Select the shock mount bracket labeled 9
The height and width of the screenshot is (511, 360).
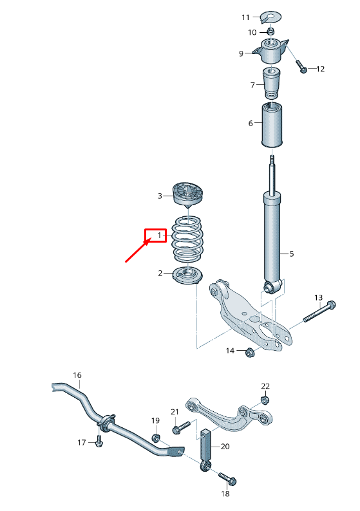[x=272, y=51]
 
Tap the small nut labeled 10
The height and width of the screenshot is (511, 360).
[x=270, y=32]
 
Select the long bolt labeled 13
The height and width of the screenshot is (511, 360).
[x=319, y=311]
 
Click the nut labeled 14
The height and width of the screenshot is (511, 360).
[x=251, y=351]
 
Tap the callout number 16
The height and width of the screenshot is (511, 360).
[x=77, y=375]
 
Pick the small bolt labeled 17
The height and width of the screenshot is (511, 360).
[x=99, y=441]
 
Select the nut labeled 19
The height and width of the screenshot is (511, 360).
[x=156, y=438]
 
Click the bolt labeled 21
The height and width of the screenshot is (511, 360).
[x=180, y=426]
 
